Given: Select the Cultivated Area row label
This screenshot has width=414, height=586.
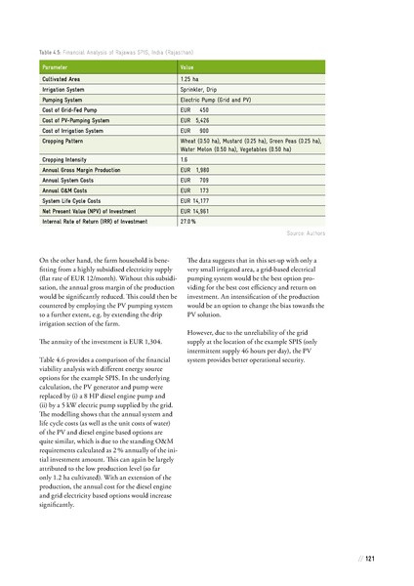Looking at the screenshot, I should pos(62,77).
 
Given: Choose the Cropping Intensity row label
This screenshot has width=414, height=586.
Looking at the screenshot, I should pos(64,159).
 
